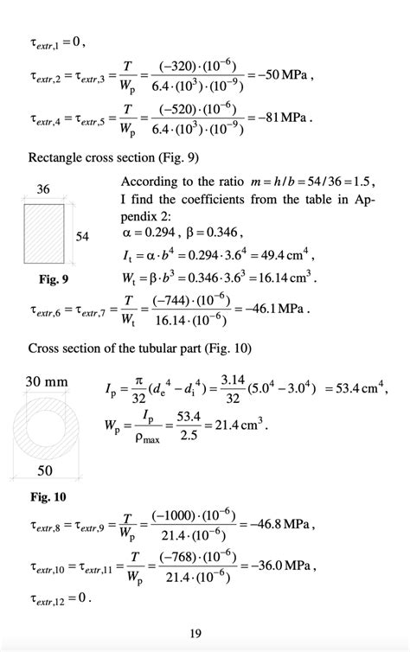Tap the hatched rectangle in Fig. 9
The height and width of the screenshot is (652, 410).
click(46, 235)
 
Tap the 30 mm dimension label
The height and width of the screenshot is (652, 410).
click(47, 380)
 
